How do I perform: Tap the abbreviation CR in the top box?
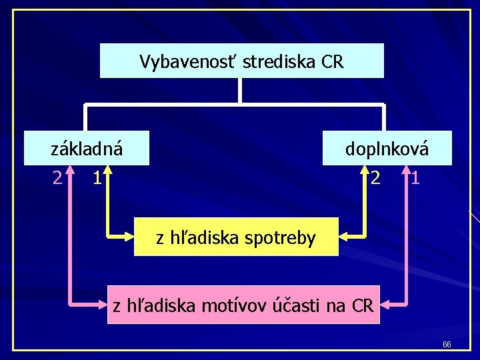coord(331,62)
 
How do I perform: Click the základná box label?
coord(87,149)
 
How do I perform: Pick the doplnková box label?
coord(387,149)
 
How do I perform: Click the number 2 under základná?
coord(58,177)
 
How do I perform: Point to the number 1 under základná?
coord(97,177)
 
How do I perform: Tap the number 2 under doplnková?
coord(377,178)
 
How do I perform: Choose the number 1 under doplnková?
coord(415,178)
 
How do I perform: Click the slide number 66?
coord(447,345)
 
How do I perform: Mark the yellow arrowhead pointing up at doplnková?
coord(366,172)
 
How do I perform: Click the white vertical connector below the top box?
coord(240,91)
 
